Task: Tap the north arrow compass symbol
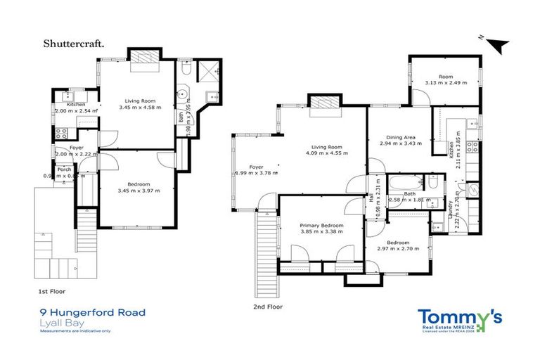click(498, 44)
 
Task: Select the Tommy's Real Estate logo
click(460, 319)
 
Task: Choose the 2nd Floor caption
click(267, 307)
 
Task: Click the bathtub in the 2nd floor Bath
click(404, 184)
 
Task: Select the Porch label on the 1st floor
click(63, 169)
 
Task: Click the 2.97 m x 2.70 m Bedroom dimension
click(397, 249)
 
